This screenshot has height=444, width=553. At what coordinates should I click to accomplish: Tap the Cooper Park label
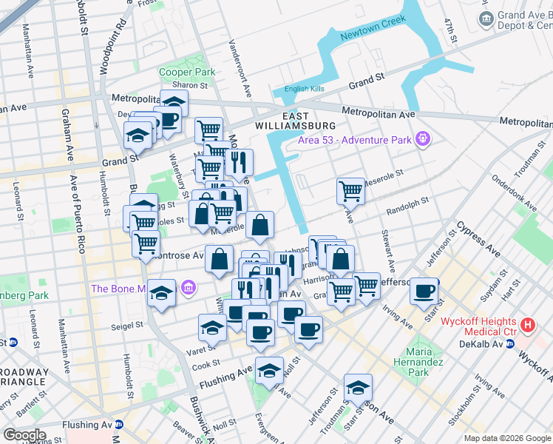point(187,73)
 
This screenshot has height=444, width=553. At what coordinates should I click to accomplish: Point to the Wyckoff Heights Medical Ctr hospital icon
point(527,325)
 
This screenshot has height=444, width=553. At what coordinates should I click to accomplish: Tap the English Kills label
point(305,90)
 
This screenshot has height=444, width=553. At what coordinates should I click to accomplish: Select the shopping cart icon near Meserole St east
point(350,190)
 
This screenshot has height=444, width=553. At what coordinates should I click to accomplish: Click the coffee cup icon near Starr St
point(424,291)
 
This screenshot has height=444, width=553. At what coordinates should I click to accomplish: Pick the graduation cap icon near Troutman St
point(358,387)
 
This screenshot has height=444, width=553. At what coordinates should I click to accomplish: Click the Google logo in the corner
point(24,434)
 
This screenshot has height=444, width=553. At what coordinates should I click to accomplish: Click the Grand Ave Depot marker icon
point(486,18)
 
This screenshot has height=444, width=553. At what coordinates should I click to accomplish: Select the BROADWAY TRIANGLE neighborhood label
point(25,378)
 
